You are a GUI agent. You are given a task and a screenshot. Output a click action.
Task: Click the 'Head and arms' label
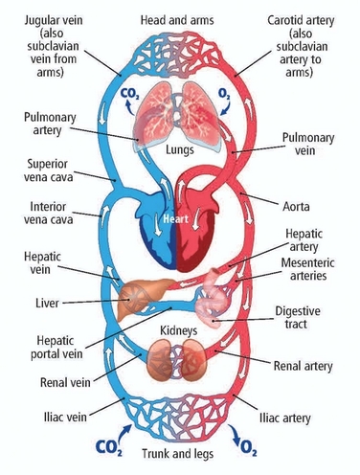pyautogui.click(x=180, y=16)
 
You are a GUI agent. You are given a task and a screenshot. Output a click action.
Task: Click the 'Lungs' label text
pyautogui.click(x=180, y=151)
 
